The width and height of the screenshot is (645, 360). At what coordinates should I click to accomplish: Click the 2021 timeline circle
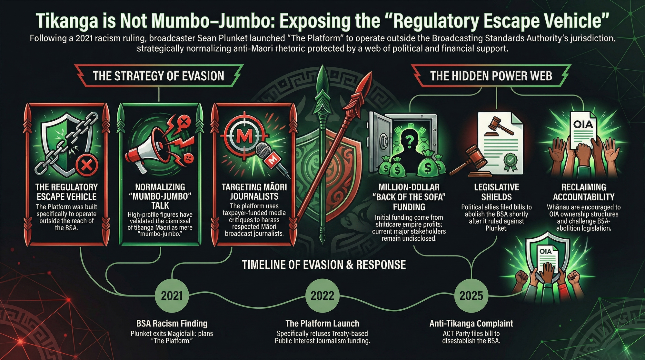click(172, 295)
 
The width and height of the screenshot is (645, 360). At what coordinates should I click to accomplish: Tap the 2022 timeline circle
click(322, 295)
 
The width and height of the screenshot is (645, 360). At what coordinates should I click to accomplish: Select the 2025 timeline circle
click(471, 295)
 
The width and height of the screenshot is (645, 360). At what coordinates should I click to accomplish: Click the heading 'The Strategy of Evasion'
click(158, 76)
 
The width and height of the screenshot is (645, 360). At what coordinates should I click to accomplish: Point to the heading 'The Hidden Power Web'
click(491, 76)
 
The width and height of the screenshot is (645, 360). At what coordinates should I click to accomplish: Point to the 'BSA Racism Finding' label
click(172, 323)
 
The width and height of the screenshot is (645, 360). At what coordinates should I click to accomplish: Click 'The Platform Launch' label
click(322, 323)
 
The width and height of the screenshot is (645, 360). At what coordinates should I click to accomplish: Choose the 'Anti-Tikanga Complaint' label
click(471, 323)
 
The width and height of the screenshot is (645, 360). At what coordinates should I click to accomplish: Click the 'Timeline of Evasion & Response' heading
click(324, 265)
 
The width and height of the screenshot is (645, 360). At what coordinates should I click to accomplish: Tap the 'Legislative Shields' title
click(496, 192)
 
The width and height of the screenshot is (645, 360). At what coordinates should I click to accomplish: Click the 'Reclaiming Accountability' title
click(584, 192)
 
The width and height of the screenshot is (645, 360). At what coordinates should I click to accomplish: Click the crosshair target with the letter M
click(245, 137)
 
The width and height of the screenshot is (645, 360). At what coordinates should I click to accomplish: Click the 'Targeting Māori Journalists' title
click(254, 192)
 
